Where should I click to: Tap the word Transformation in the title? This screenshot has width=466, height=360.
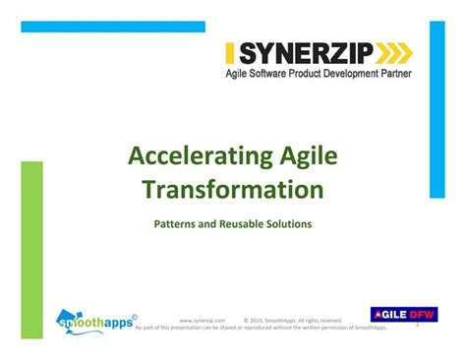point(246,188)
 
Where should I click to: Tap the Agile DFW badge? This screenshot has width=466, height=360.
point(403,315)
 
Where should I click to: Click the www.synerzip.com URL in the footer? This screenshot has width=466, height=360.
point(203,320)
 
